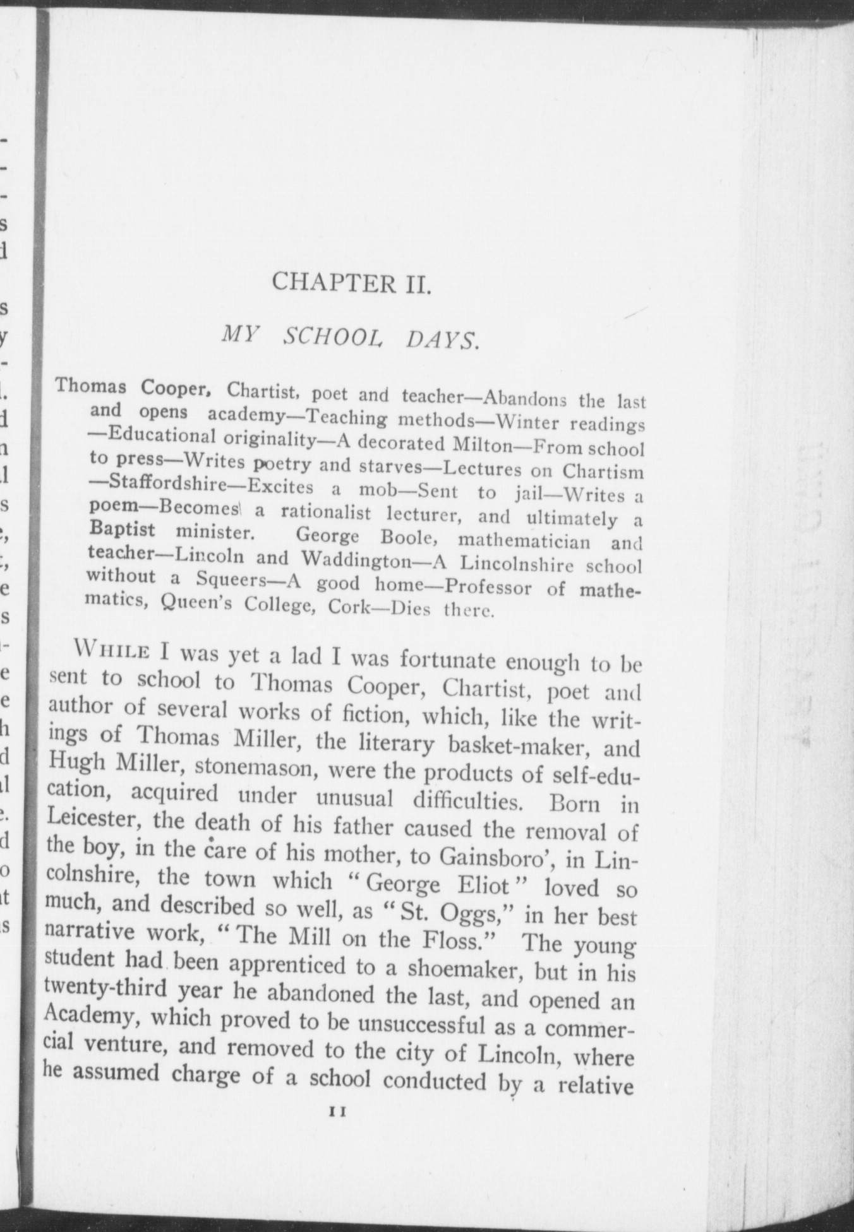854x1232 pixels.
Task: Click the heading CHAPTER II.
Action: tap(351, 282)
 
